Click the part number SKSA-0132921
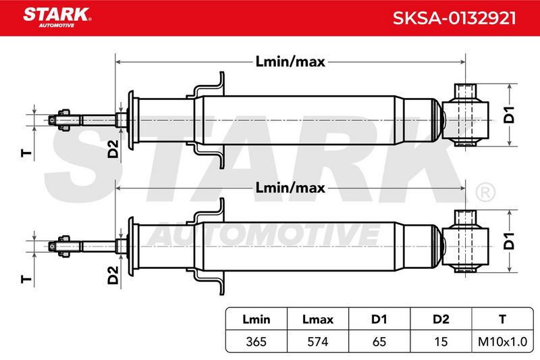454,18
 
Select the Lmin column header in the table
256,319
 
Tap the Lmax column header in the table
318,319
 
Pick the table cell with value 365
256,341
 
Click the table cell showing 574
318,341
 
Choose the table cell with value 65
379,341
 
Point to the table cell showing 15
441,341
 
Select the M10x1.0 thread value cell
502,341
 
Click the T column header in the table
502,319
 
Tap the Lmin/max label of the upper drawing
290,61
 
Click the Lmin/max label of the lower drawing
290,188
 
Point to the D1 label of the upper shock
509,115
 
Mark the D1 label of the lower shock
509,241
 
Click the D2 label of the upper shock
113,149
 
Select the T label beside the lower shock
26,279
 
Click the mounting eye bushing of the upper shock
465,115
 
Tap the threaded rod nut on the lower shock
64,246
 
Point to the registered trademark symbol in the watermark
485,193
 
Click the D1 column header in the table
379,319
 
